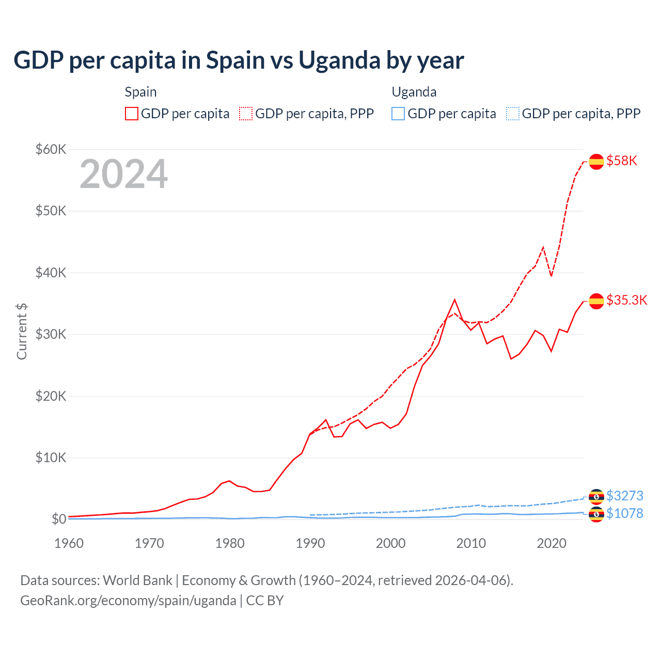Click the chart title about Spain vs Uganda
[x=239, y=60]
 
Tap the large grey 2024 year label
[x=123, y=175]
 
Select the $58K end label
[x=622, y=161]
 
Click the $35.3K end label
[x=626, y=300]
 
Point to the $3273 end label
[x=624, y=496]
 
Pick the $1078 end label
[x=624, y=513]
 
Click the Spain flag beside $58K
[x=596, y=161]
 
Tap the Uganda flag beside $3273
[x=596, y=496]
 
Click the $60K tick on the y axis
[x=51, y=149]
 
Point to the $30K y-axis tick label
[x=51, y=334]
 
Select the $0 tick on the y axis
[x=59, y=519]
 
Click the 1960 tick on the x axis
[x=69, y=543]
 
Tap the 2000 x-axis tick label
[x=391, y=543]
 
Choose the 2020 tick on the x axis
[x=552, y=543]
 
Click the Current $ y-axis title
[x=22, y=331]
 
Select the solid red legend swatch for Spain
[x=132, y=114]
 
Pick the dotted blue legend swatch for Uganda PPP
[x=513, y=114]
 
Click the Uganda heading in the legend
[x=414, y=92]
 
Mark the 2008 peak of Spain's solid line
[x=454, y=300]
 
